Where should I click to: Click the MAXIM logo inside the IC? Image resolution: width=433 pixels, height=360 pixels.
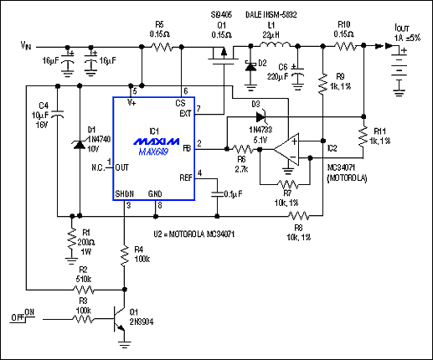click(154, 144)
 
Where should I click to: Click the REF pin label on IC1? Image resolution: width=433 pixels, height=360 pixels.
click(186, 177)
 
